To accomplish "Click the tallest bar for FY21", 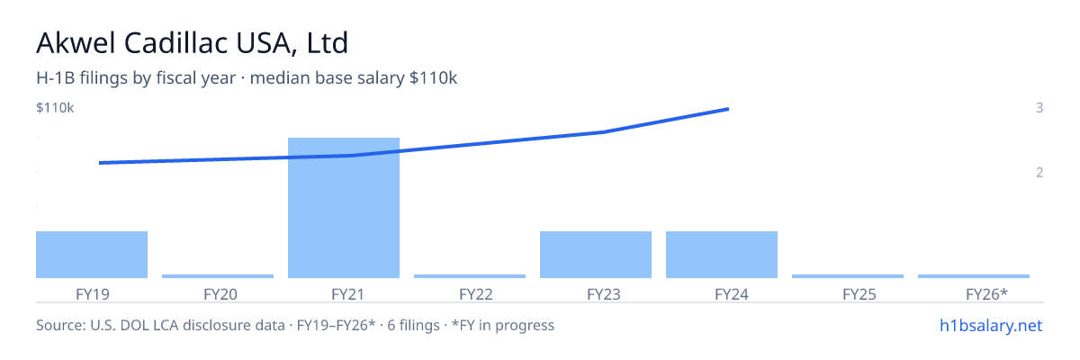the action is pos(344,208).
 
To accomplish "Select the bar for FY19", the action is pos(92,255).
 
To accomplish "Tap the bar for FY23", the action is pos(596,255).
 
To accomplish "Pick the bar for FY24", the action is pos(722,255).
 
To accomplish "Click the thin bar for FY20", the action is pos(218,276).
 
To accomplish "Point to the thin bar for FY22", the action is pos(470,276).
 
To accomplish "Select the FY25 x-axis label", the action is pos(859,294).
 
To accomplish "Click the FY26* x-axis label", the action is pos(986,294).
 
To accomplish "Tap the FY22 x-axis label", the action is pos(476,294).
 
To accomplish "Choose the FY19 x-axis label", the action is pos(93,294).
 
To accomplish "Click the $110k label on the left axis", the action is pos(55,108).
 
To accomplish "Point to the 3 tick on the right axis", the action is pos(1039,108).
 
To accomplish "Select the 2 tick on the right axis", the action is pos(1039,173).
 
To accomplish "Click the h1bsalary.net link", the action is pos(991,326).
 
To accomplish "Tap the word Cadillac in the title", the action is pos(176,43).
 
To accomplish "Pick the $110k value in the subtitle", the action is pos(433,78).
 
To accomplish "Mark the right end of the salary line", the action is pos(728,110).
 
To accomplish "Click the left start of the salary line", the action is pos(100,163).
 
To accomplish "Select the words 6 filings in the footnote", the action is pos(413,326).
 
